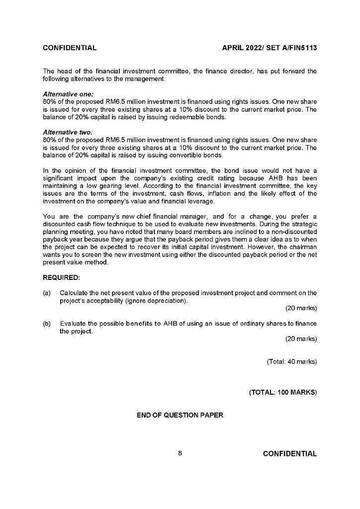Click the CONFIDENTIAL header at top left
tap(70, 48)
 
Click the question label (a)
tap(47, 293)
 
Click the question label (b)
tap(47, 324)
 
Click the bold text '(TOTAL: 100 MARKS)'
tap(282, 392)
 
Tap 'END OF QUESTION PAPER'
tap(180, 415)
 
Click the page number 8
tap(180, 453)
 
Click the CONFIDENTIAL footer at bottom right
tap(289, 453)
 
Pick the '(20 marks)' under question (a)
tap(301, 308)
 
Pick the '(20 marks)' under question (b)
tap(301, 339)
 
